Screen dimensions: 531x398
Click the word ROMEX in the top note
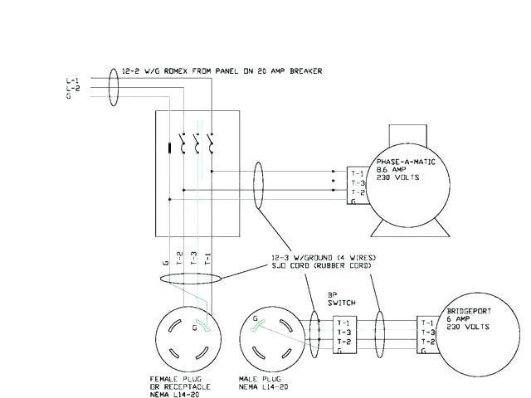(175, 71)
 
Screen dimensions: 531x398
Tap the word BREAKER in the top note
(306, 71)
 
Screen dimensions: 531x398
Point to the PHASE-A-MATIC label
(406, 162)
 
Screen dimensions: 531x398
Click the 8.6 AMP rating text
(391, 169)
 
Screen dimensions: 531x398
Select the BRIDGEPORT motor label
(469, 311)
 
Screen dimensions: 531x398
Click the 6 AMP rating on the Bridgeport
(458, 318)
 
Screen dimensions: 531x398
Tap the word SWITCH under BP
(342, 303)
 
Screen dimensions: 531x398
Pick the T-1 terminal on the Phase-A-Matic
(358, 174)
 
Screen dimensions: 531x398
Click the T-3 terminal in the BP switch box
(343, 332)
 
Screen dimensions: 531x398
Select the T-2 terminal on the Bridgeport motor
(428, 342)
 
